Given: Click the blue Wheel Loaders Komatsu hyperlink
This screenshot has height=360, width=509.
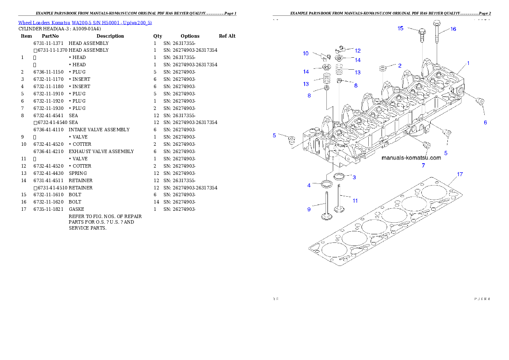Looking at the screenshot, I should pyautogui.click(x=85, y=23).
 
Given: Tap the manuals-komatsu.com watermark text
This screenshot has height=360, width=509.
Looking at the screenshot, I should pyautogui.click(x=411, y=158).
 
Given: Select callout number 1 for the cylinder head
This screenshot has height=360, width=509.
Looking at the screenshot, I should pyautogui.click(x=468, y=63).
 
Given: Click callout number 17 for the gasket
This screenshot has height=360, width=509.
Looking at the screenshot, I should pyautogui.click(x=460, y=174).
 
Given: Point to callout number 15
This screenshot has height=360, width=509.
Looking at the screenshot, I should pyautogui.click(x=400, y=28).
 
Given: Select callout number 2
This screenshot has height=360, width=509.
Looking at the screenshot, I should pyautogui.click(x=400, y=66).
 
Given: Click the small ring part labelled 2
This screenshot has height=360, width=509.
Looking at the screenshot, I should pyautogui.click(x=384, y=68).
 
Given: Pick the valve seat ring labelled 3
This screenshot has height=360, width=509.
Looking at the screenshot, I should pyautogui.click(x=340, y=176).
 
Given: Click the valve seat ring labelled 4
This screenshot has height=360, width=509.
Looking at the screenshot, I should pyautogui.click(x=327, y=184).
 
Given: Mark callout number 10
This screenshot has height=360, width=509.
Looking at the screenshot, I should pyautogui.click(x=306, y=53).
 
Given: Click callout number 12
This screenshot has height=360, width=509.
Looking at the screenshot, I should pyautogui.click(x=358, y=50).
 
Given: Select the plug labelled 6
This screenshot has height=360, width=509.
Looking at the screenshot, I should pyautogui.click(x=480, y=101).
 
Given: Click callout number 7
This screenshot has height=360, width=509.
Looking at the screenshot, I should pyautogui.click(x=423, y=165).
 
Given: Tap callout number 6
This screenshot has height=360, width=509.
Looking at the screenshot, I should pyautogui.click(x=485, y=122).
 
